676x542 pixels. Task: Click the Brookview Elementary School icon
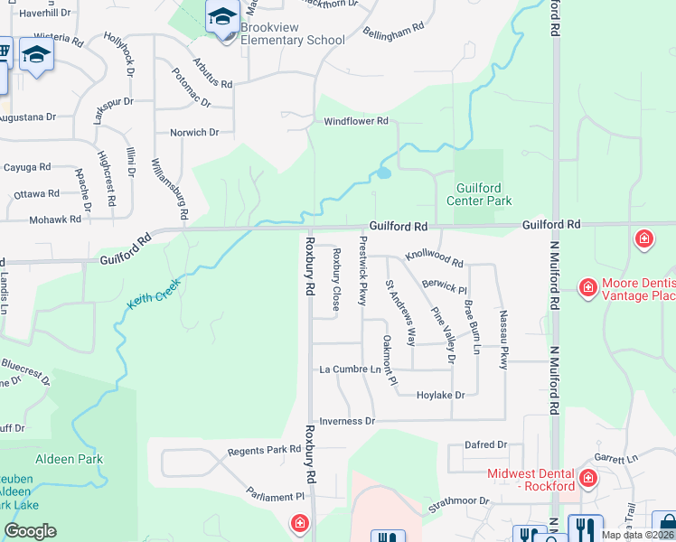pos(221,16)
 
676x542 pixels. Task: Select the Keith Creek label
pos(154,294)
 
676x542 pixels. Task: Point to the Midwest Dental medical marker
pos(587,478)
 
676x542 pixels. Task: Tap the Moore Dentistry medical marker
pos(587,288)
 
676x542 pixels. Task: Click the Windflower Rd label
pos(355,121)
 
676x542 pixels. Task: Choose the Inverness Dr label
pos(346,421)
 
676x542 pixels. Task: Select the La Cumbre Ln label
pos(351,369)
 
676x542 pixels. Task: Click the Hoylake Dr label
pos(440,395)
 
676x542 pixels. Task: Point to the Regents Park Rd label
pos(264,450)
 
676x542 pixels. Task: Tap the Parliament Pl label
pos(276,496)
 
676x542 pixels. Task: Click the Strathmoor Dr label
pos(458,500)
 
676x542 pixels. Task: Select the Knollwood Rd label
pos(434,258)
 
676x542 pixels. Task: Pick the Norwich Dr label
pos(195,133)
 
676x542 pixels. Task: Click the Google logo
pos(30,531)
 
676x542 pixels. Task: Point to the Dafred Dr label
pos(485,445)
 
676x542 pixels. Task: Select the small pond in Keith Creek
pos(384,172)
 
